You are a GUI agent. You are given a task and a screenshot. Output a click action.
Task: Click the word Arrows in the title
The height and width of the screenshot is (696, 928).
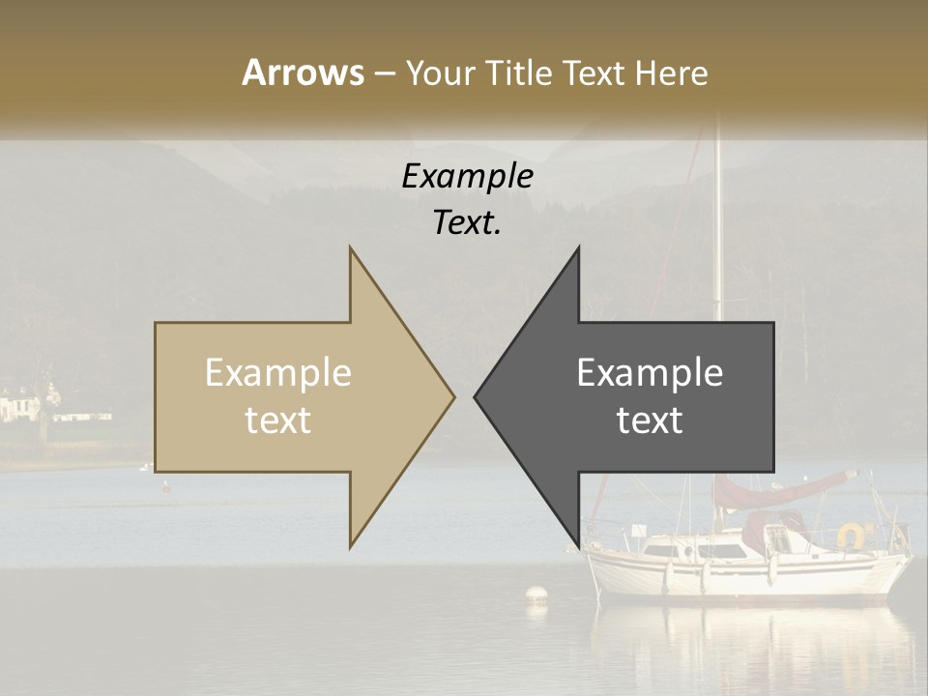click(x=303, y=72)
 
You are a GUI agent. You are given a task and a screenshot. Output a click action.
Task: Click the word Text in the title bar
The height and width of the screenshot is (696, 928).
click(x=593, y=73)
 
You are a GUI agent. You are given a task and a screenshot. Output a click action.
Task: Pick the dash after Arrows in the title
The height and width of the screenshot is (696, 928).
click(x=385, y=74)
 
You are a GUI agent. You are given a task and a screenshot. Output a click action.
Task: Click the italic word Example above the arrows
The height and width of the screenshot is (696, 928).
click(x=468, y=177)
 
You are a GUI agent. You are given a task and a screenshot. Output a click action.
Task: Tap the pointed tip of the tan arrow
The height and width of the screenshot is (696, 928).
click(x=452, y=395)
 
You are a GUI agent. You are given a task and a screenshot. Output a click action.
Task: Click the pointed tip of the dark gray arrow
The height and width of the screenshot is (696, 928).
click(x=477, y=395)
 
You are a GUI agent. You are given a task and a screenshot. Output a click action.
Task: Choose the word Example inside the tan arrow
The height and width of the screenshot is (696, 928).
click(x=278, y=373)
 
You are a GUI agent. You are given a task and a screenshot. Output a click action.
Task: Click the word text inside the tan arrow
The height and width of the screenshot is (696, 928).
click(x=278, y=420)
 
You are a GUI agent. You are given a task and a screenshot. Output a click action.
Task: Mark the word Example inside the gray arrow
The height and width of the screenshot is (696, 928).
click(x=650, y=373)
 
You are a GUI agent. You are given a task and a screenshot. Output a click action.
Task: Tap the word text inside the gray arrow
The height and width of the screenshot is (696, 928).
click(x=650, y=420)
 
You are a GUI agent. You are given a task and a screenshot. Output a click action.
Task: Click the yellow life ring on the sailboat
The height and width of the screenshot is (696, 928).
click(x=852, y=534)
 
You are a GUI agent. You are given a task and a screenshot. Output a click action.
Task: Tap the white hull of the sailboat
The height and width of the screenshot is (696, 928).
click(x=744, y=576)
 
